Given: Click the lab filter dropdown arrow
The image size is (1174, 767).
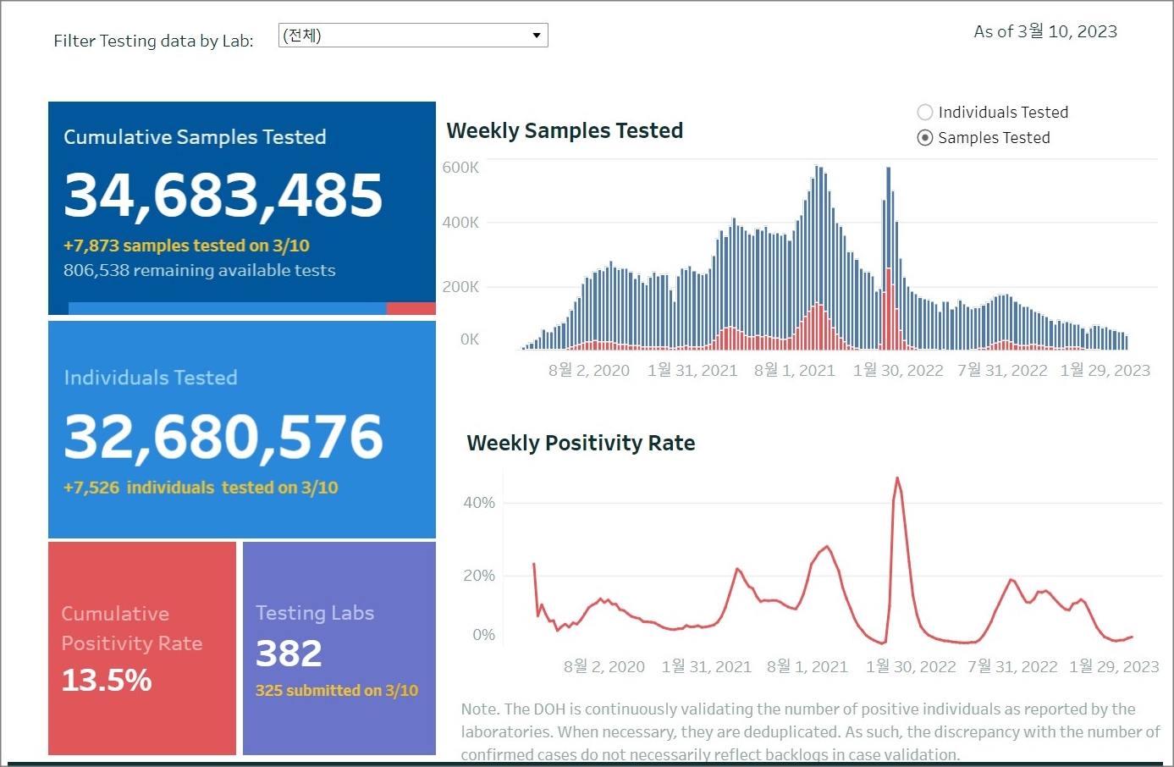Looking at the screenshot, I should coord(536,36).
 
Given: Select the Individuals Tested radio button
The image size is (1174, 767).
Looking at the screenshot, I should coord(925,113).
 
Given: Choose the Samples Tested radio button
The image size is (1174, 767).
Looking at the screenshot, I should coord(925,138).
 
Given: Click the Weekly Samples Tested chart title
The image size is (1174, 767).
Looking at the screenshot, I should coord(565,130).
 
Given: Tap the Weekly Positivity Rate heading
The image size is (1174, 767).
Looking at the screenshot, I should coord(581,443).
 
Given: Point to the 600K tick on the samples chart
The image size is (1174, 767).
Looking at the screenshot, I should coord(460,168).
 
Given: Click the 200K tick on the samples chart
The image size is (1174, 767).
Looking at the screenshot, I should coord(460,287).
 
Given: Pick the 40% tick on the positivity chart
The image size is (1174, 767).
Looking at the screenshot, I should coord(479,503).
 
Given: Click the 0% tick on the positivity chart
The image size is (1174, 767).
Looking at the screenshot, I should coord(483,635).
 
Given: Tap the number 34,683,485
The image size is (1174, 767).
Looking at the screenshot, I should coord(223,195).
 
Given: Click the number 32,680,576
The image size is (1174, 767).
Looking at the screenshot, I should coord(223,437).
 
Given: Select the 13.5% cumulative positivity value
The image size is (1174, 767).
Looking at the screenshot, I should coord(107,680).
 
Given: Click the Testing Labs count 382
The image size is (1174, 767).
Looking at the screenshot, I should coord(289,654).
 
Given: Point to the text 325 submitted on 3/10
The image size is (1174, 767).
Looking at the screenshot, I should coord(337,691).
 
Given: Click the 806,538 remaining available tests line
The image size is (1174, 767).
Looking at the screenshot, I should coord(200,271).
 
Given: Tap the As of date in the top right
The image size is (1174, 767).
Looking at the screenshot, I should coord(1045,32).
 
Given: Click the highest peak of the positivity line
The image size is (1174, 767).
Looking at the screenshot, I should coord(897,479).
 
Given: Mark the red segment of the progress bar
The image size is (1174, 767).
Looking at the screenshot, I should coord(411,309).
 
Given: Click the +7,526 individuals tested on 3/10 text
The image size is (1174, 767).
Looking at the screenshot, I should coord(201,488).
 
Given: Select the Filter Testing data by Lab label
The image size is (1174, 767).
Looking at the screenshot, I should coord(153,41).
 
